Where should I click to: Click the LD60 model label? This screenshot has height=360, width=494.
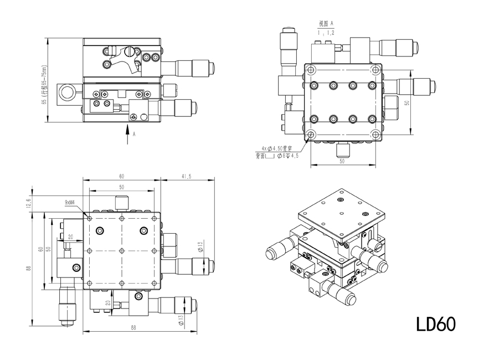[x=436, y=323]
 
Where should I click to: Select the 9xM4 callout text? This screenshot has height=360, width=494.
[x=70, y=203]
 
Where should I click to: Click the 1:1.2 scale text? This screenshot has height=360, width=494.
[x=326, y=33]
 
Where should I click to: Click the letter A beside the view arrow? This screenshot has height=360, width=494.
[x=133, y=133]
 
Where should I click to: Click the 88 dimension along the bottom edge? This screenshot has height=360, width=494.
[x=133, y=328]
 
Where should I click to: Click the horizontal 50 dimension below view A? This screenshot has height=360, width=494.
[x=342, y=161]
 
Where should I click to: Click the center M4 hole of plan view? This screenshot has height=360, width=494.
[x=121, y=250]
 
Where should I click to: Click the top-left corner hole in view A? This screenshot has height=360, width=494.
[x=311, y=70]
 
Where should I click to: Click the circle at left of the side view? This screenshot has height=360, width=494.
[x=69, y=91]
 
